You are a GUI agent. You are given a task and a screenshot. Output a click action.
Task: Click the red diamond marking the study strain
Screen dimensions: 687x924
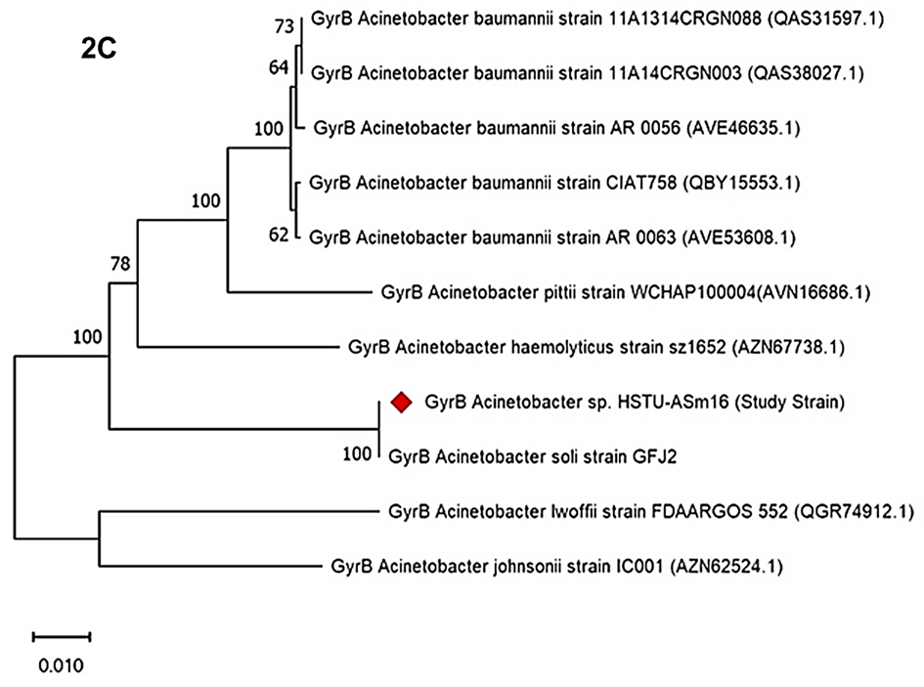400,402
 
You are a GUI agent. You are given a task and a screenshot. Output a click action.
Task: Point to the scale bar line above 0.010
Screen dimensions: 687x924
62,636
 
